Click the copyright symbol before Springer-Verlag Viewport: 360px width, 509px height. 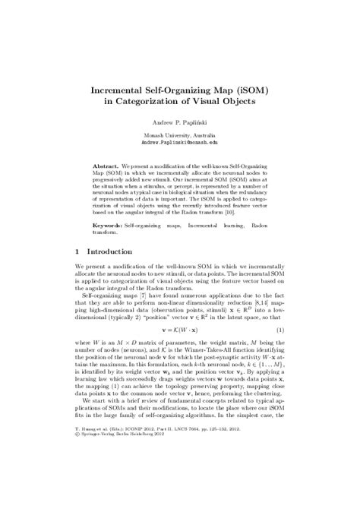click(x=78, y=488)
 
